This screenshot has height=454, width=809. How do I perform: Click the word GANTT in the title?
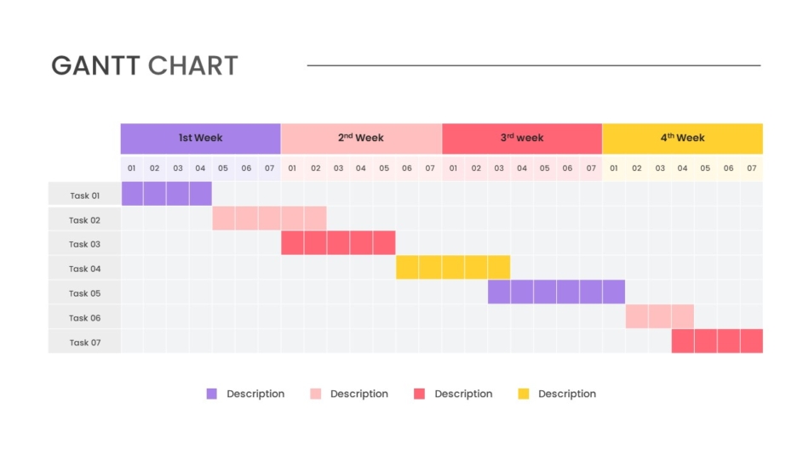95,65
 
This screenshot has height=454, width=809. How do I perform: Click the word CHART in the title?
192,65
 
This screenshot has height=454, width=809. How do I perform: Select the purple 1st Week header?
200,138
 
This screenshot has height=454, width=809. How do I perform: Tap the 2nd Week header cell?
361,138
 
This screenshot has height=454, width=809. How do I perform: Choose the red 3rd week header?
521,138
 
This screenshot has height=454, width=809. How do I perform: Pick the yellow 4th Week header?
682,138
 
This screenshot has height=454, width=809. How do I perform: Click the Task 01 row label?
84,196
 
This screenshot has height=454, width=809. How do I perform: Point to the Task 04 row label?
84,269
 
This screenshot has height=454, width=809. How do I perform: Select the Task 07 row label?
84,343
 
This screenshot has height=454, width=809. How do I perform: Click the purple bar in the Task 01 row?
166,194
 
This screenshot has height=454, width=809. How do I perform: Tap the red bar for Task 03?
338,243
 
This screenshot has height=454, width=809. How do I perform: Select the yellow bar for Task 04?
453,268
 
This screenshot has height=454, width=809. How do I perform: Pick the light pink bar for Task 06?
659,316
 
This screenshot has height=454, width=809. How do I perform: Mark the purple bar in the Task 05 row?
556,292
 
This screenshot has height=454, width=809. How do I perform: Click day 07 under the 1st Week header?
269,168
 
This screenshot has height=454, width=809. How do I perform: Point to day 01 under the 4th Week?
613,168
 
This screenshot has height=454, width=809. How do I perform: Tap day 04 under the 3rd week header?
521,168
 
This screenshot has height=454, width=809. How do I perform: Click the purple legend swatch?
212,394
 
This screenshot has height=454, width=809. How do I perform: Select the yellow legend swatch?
524,394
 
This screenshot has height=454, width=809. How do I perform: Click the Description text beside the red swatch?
463,394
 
